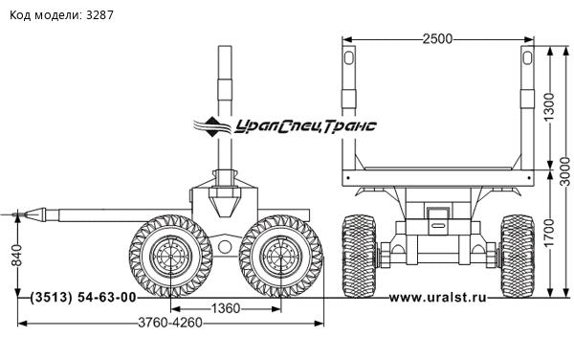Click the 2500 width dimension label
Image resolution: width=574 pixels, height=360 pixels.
point(437,39)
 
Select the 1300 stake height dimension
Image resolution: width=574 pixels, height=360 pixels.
point(549,107)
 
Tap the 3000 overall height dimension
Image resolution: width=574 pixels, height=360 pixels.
point(565,171)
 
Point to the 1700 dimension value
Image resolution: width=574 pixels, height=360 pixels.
point(549,233)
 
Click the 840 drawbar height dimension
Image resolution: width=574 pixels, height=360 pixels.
point(17,255)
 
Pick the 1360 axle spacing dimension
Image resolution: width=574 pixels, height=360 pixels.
point(226,308)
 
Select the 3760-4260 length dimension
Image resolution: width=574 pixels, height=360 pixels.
point(170,323)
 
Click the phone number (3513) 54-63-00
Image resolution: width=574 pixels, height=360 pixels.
point(83,298)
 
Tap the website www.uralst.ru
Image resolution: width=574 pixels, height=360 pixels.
point(438,298)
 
